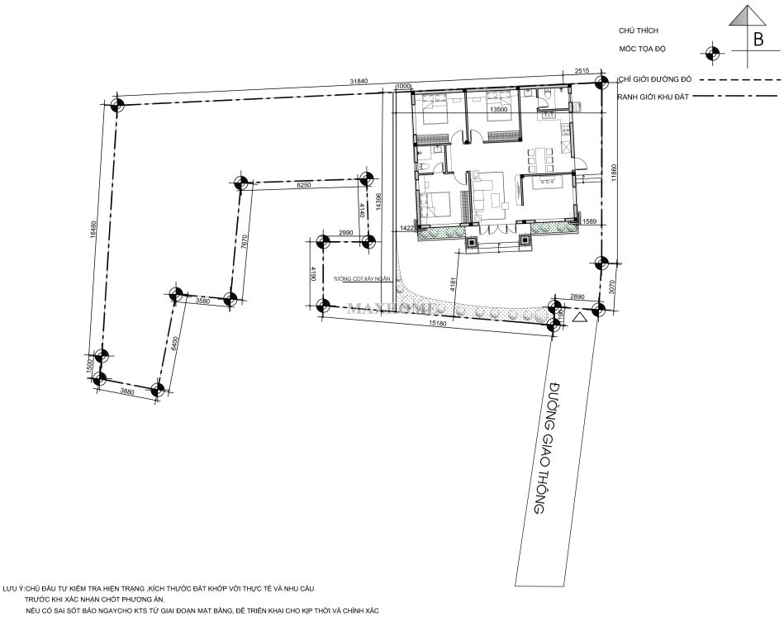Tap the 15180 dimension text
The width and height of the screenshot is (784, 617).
click(x=438, y=323)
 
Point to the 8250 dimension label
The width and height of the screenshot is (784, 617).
click(x=303, y=187)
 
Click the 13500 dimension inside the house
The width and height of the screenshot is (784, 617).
click(x=497, y=109)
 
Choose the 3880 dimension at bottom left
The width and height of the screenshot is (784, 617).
click(x=127, y=392)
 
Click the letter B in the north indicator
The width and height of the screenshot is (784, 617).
click(x=758, y=38)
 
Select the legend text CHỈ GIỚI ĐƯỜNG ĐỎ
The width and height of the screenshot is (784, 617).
click(x=654, y=79)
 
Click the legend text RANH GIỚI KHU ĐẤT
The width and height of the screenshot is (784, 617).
click(x=653, y=97)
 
